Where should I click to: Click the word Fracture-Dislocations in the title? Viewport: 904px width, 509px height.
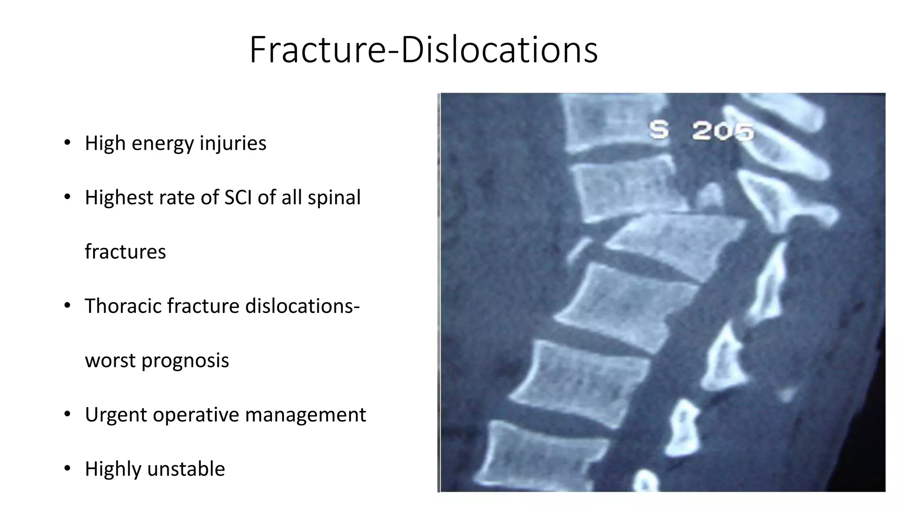pos(423,49)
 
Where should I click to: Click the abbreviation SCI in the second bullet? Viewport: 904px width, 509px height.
pos(239,197)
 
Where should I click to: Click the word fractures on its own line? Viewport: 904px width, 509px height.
pos(125,251)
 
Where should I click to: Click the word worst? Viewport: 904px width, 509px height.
pos(110,360)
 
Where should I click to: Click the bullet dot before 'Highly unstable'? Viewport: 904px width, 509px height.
pos(67,468)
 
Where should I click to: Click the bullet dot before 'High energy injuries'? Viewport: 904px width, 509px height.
pos(67,143)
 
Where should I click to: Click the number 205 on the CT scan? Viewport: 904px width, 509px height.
pos(723,131)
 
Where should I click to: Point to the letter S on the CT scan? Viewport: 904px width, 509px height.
pos(659,130)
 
